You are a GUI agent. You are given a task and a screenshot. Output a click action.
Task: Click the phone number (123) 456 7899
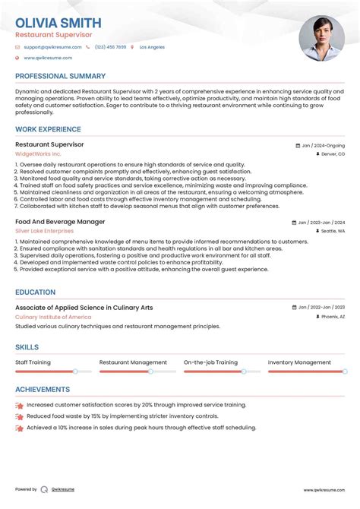click(110, 47)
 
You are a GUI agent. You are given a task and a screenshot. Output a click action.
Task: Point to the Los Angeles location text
click(152, 47)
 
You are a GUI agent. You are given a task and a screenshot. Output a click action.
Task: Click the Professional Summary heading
click(60, 77)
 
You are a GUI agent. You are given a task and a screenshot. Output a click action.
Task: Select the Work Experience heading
click(48, 128)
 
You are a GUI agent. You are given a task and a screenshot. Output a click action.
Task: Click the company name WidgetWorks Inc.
click(38, 153)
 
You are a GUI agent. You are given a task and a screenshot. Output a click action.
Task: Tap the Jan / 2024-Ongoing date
click(323, 145)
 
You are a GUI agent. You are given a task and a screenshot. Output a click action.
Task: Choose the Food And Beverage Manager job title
click(60, 222)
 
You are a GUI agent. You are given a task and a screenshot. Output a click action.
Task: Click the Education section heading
click(35, 292)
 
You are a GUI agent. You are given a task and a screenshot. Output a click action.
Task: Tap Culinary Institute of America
click(54, 317)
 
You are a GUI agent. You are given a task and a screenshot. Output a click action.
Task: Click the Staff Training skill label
click(33, 362)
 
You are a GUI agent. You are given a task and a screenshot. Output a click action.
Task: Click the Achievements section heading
click(43, 389)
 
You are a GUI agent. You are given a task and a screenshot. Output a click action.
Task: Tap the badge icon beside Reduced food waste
click(19, 417)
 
